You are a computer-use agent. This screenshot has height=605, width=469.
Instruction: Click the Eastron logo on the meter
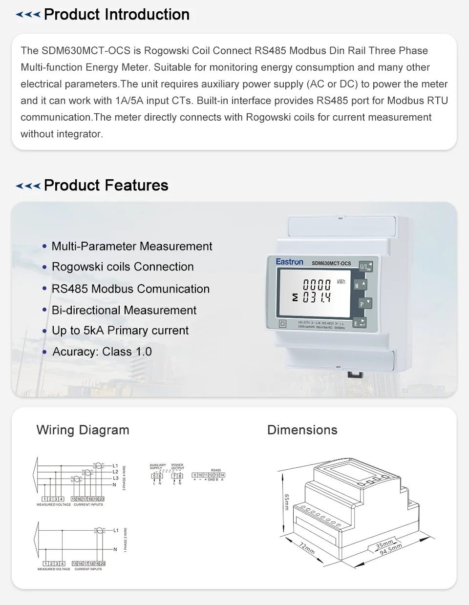pos(289,262)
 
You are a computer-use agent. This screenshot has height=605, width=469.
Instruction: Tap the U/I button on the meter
pos(365,266)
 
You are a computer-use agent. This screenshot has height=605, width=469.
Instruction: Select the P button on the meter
pos(364,304)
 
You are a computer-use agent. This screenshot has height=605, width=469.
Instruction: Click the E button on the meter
pos(359,323)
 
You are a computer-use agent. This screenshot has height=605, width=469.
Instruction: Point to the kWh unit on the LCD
pos(341,282)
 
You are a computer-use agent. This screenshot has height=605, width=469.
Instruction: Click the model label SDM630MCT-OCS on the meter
pos(331,263)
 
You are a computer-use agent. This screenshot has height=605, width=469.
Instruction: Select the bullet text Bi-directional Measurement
pos(124,310)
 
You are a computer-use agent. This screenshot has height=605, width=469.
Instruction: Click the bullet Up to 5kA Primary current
pos(120,331)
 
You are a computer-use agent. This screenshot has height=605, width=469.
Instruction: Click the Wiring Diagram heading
pos(83,430)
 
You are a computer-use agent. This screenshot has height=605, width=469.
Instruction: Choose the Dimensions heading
pos(302,430)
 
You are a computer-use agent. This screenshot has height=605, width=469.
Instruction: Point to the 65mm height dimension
pos(287,501)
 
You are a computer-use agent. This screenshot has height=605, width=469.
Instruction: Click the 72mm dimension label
pos(307,547)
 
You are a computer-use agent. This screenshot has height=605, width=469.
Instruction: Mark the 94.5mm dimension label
pos(391,548)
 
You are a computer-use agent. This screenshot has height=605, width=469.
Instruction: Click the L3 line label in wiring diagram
pos(115,478)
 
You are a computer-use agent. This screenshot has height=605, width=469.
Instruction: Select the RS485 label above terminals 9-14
pos(216,470)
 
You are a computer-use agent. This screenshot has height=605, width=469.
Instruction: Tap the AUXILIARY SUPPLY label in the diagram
pos(158,466)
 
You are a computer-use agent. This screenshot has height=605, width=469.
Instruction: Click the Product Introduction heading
pos(117,15)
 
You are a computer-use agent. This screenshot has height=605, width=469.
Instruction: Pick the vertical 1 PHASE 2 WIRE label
pos(125,540)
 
